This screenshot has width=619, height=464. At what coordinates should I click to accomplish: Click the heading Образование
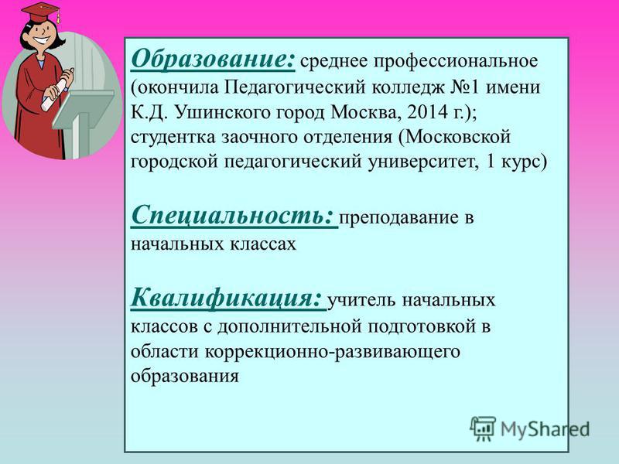tap(213, 60)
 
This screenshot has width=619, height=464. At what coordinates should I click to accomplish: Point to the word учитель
tap(362, 301)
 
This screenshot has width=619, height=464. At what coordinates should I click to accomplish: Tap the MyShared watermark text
tap(545, 429)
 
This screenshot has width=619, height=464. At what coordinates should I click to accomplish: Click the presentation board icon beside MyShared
tap(483, 428)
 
